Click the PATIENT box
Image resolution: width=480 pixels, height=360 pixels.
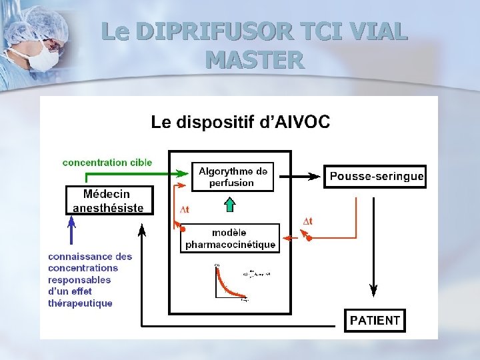click(375, 320)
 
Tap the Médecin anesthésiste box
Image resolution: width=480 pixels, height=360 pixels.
click(108, 201)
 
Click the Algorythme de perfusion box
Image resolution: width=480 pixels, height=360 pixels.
click(233, 177)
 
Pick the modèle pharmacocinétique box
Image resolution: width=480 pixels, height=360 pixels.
click(230, 239)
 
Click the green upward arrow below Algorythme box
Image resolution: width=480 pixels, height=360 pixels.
click(230, 203)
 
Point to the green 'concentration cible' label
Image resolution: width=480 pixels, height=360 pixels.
click(107, 162)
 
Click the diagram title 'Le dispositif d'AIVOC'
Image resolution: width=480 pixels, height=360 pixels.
click(240, 122)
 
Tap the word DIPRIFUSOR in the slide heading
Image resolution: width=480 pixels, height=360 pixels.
click(203, 31)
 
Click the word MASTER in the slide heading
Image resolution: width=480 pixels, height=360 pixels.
click(255, 60)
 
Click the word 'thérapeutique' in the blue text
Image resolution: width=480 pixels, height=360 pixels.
click(80, 303)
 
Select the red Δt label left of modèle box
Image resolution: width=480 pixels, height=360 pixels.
click(185, 209)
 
